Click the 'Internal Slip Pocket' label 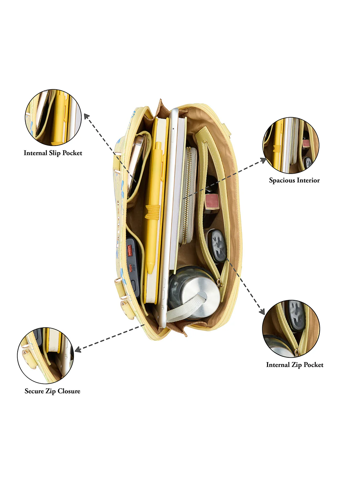53,153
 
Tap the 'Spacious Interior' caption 294,180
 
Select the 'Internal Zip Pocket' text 295,365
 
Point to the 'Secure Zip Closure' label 52,391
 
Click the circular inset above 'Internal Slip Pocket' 53,117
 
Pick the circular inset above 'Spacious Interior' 291,145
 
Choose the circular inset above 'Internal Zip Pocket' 291,329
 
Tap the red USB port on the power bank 130,250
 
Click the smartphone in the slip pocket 136,163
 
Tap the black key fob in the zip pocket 217,246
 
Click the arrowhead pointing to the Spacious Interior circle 263,160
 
